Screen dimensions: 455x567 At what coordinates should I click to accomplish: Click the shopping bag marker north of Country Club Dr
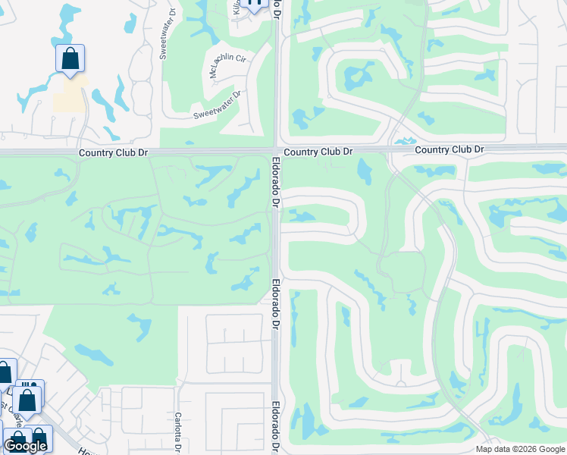tap(70, 59)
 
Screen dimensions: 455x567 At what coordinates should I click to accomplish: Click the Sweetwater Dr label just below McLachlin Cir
tap(217, 105)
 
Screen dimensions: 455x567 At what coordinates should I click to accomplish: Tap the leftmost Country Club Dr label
tap(113, 152)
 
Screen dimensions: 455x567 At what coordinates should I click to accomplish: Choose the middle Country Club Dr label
tap(319, 152)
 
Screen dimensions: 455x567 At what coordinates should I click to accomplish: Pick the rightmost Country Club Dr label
tap(449, 149)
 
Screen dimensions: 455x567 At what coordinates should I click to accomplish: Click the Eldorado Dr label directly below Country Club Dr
tap(276, 182)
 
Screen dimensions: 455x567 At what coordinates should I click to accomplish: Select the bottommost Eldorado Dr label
tap(275, 427)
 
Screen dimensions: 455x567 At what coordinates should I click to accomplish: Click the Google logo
tap(25, 446)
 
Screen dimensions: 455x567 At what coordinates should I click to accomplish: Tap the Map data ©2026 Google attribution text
tap(520, 449)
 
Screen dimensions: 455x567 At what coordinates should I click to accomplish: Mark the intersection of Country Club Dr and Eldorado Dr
tap(276, 151)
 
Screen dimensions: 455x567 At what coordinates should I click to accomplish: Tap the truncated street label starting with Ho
tap(83, 450)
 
